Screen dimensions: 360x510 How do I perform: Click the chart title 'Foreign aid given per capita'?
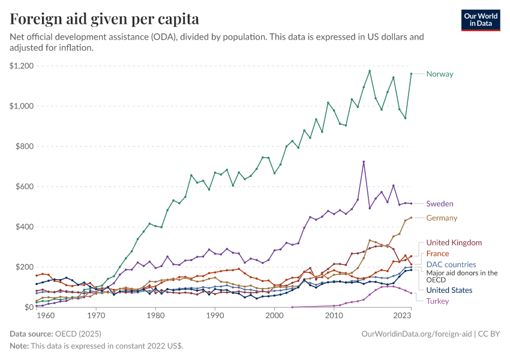[x=105, y=19]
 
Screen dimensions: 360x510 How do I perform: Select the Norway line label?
[x=439, y=74]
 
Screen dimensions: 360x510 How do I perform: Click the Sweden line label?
[x=439, y=204]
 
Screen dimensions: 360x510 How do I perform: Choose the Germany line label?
[x=442, y=218]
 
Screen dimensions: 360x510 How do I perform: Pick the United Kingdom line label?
[x=454, y=242]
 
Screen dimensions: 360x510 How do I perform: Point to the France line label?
[x=437, y=254]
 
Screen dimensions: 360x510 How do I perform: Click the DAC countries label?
[x=451, y=265]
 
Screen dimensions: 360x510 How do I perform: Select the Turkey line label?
[x=437, y=301]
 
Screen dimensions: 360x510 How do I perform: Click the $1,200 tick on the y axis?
[x=21, y=65]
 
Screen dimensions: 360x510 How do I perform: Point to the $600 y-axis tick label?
[x=24, y=187]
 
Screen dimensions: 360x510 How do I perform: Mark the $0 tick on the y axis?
[x=28, y=307]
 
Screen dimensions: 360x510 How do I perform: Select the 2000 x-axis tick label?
[x=274, y=315]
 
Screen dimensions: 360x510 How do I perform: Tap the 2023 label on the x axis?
[x=403, y=315]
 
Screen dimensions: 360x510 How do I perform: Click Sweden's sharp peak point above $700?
[x=364, y=161]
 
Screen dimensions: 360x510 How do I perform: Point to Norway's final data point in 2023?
[x=411, y=74]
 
